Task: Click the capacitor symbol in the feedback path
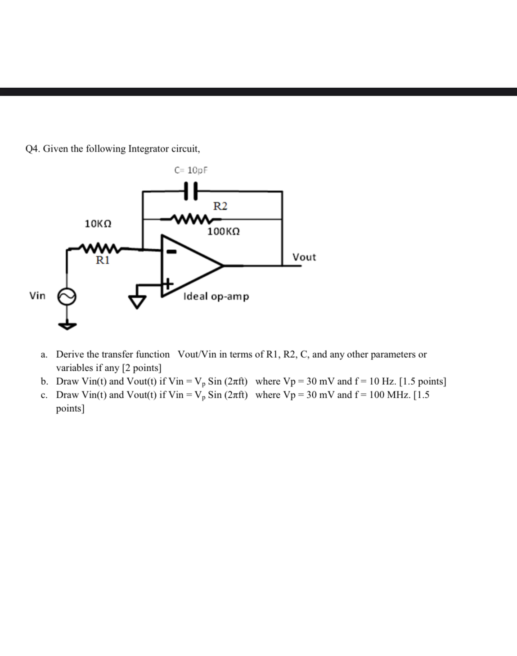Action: click(191, 191)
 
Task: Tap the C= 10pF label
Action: click(191, 170)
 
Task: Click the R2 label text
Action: click(220, 206)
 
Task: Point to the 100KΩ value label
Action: click(223, 231)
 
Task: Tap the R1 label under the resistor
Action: click(103, 260)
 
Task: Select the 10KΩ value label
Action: click(98, 224)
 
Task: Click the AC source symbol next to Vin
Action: click(66, 297)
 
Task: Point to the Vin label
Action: click(37, 296)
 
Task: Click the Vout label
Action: click(304, 257)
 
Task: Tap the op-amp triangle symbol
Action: click(191, 265)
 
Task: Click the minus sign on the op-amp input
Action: click(171, 252)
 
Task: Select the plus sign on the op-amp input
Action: click(167, 283)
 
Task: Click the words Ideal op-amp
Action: click(216, 296)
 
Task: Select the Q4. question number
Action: click(32, 148)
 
